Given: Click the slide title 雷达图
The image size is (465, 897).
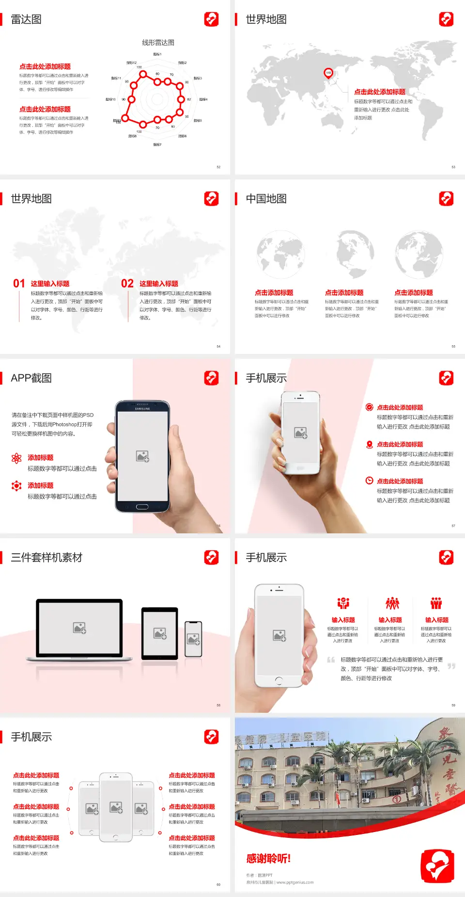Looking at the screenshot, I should pyautogui.click(x=26, y=19).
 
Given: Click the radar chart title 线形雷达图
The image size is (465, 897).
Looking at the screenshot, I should pyautogui.click(x=158, y=43).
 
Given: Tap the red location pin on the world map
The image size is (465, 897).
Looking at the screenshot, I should pyautogui.click(x=328, y=73).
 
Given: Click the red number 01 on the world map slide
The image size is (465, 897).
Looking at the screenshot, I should pyautogui.click(x=19, y=284).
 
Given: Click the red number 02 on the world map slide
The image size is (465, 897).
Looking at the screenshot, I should pyautogui.click(x=127, y=284).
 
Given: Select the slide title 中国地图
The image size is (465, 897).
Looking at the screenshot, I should pyautogui.click(x=266, y=199).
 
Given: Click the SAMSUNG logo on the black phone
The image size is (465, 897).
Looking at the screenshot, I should pyautogui.click(x=142, y=409).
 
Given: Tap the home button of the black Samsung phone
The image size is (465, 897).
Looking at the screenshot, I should pyautogui.click(x=142, y=507).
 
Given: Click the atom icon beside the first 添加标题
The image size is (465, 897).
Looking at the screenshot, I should pyautogui.click(x=16, y=458).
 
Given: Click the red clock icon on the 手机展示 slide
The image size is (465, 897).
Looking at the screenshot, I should pyautogui.click(x=369, y=481).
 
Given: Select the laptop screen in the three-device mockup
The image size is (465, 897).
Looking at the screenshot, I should pyautogui.click(x=79, y=627).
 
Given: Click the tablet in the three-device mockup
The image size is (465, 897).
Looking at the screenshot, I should pyautogui.click(x=160, y=633).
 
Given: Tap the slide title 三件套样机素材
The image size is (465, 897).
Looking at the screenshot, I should pyautogui.click(x=46, y=558).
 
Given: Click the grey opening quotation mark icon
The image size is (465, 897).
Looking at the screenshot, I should pyautogui.click(x=331, y=659).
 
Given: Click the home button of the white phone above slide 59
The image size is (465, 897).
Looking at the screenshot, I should pyautogui.click(x=279, y=680).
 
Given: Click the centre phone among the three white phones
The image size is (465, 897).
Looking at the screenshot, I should pyautogui.click(x=116, y=807).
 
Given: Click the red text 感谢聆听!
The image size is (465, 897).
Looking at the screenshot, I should pyautogui.click(x=268, y=859).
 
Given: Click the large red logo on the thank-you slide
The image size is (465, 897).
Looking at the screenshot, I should pyautogui.click(x=437, y=866).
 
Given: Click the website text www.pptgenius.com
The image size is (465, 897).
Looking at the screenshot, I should pyautogui.click(x=295, y=882).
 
